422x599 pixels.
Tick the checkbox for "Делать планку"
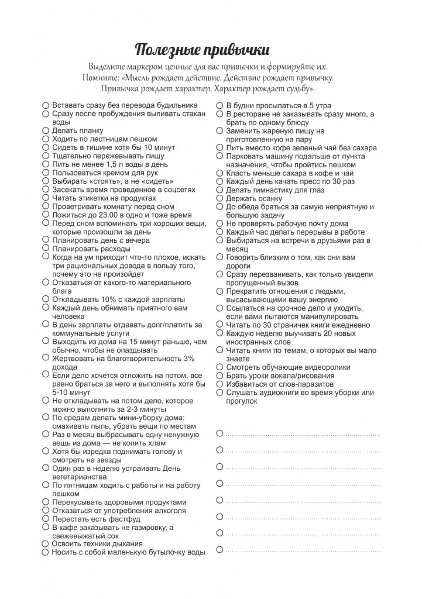(46, 130)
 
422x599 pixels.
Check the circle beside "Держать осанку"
(219, 198)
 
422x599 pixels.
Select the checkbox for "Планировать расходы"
(46, 249)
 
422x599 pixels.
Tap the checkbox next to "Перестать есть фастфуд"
(46, 519)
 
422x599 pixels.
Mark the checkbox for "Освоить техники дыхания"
(46, 544)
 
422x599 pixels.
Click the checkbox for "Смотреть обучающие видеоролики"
(219, 367)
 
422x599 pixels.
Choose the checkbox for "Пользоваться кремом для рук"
(46, 173)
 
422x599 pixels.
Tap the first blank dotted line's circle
(219, 433)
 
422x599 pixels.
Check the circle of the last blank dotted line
(219, 549)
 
